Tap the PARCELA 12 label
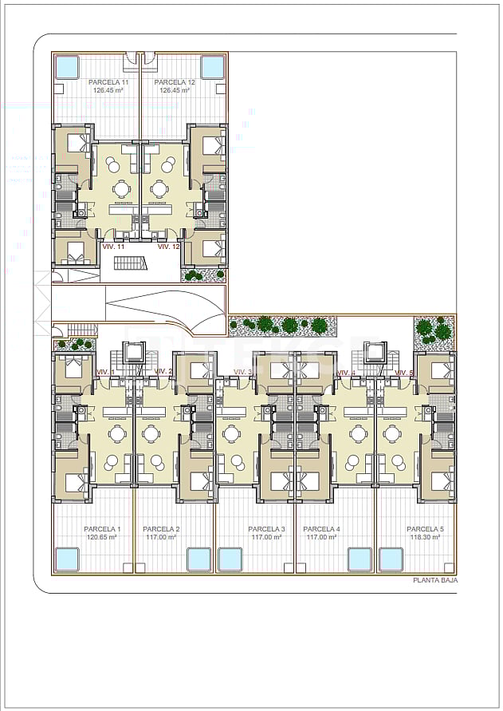(175, 82)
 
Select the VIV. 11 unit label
(113, 247)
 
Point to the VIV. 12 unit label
(168, 247)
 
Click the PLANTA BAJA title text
(434, 581)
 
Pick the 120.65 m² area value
(101, 537)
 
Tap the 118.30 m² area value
(424, 537)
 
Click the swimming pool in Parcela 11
(66, 66)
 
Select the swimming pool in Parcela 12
(213, 66)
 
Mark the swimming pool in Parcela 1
(66, 559)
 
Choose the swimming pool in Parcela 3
(230, 559)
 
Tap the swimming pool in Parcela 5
(391, 559)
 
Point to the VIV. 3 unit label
(243, 372)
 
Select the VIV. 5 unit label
(404, 373)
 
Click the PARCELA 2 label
(161, 529)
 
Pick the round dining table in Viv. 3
(231, 433)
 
